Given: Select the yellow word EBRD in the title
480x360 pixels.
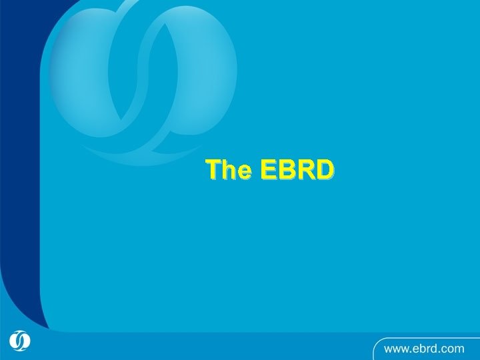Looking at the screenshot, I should (x=297, y=171).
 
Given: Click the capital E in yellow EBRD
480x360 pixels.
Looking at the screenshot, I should (x=269, y=171).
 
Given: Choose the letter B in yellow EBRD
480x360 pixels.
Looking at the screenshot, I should (x=287, y=171).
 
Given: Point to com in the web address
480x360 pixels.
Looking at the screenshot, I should (x=457, y=347).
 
